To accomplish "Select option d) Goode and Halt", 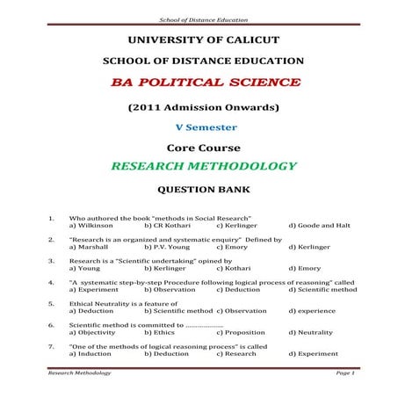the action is point(321,225).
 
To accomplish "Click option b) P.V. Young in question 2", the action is point(167,246).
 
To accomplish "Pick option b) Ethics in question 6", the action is point(160,332).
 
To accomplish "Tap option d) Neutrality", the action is point(313,332).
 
